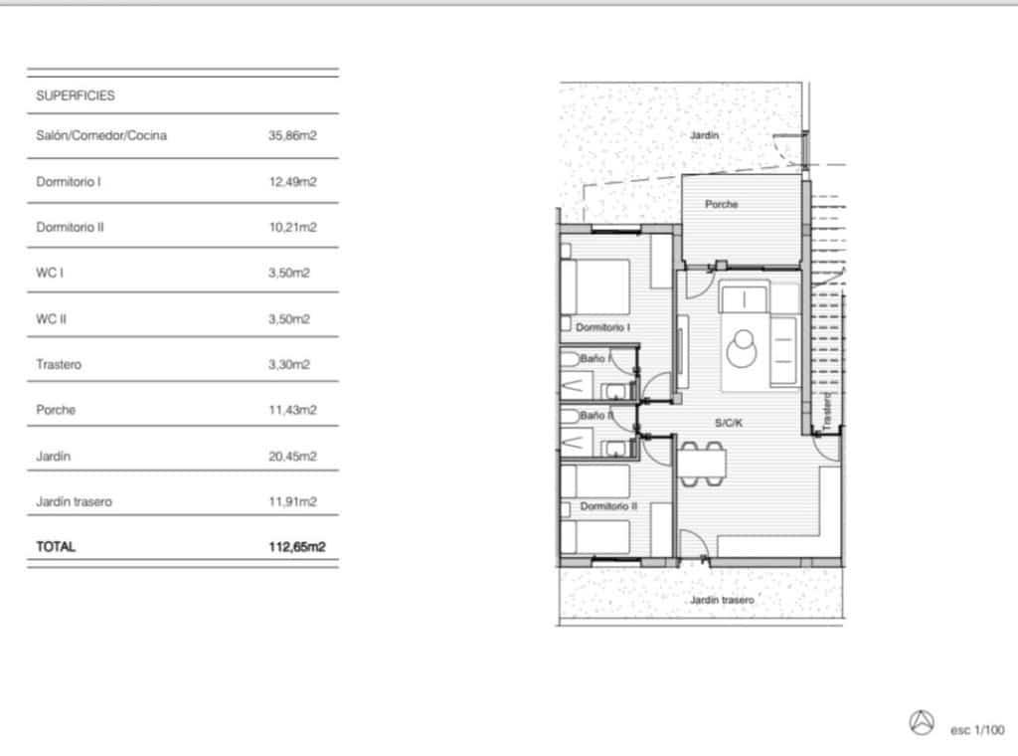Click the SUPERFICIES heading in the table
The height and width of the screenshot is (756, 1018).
(x=76, y=96)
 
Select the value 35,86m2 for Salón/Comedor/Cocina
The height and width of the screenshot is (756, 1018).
(x=292, y=136)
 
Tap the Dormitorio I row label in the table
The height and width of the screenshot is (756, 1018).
(x=69, y=182)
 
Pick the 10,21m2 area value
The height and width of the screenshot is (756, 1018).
(x=292, y=228)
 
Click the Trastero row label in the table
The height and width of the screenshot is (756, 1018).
(x=59, y=365)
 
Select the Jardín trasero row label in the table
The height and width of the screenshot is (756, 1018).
(x=75, y=502)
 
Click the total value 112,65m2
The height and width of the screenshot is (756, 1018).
(x=297, y=547)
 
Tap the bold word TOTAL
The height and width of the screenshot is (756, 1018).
(x=56, y=547)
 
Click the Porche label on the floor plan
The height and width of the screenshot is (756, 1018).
(x=722, y=204)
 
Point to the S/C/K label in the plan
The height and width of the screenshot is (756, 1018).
(x=729, y=423)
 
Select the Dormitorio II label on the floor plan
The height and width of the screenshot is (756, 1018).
(x=608, y=506)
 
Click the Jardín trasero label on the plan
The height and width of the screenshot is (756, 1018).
(x=722, y=600)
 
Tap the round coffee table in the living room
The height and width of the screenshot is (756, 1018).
(x=742, y=347)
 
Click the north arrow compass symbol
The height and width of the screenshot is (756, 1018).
(x=922, y=722)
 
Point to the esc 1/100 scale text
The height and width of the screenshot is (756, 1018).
(x=977, y=730)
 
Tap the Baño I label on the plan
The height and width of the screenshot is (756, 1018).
(x=594, y=357)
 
